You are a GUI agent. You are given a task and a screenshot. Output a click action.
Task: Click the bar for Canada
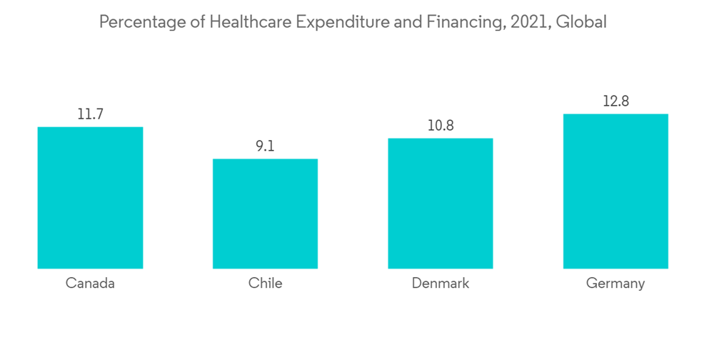click(90, 198)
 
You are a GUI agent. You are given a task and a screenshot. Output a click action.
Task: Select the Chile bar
click(265, 214)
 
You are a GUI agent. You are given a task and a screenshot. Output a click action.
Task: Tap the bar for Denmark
click(441, 204)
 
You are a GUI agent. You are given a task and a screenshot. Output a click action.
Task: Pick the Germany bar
click(615, 191)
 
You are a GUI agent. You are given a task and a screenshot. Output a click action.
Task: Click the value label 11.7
click(90, 114)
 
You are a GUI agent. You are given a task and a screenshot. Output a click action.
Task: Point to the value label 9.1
click(265, 146)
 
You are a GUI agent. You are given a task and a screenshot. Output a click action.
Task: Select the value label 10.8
click(441, 125)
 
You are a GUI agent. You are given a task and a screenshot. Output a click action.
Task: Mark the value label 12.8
click(615, 101)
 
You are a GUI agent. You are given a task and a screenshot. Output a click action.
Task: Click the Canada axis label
click(90, 283)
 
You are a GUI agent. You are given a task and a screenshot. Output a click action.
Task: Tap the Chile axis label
click(265, 283)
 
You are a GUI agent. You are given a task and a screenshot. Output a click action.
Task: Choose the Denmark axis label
click(441, 283)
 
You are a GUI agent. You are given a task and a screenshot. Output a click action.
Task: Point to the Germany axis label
click(615, 284)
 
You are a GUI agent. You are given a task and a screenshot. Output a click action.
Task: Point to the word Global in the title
click(581, 23)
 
